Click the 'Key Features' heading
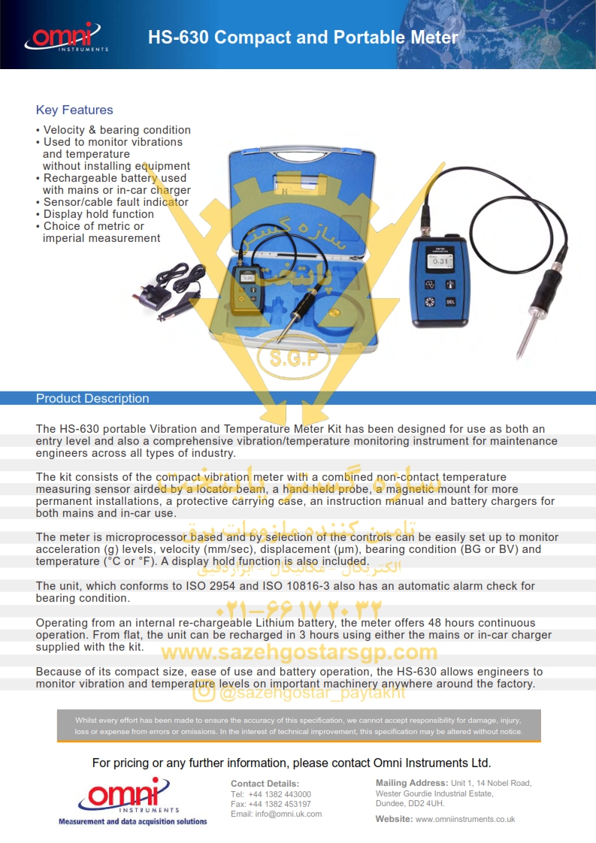tap(74, 110)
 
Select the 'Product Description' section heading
tap(92, 399)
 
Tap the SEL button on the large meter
tap(450, 302)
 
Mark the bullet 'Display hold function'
tap(98, 214)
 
